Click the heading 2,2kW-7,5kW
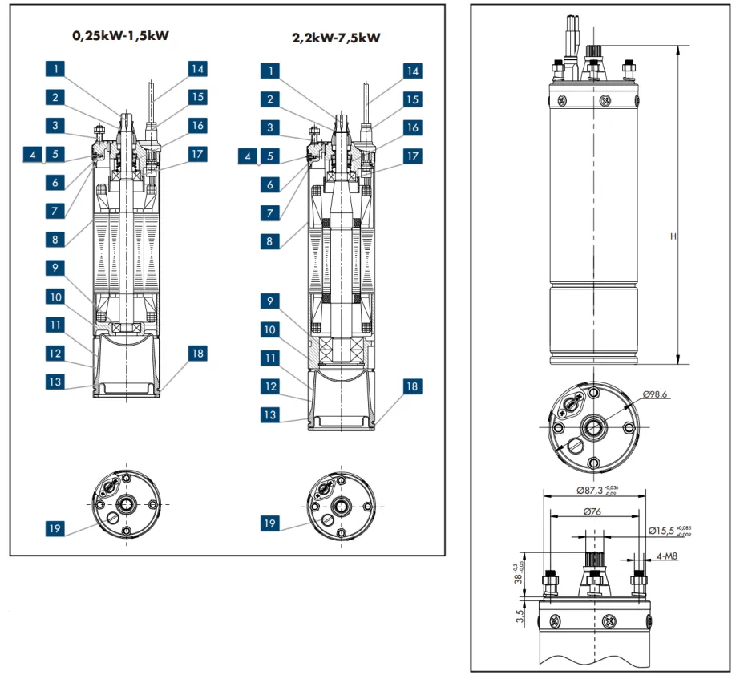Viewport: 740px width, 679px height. tap(334, 37)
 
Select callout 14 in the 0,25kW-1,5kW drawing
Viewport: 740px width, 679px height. tap(197, 69)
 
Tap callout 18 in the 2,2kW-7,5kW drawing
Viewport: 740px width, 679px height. tap(412, 386)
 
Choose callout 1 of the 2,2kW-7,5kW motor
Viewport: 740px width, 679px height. tap(273, 71)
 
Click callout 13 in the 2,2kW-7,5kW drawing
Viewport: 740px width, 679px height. tap(273, 415)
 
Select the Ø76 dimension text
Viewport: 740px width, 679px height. tap(592, 512)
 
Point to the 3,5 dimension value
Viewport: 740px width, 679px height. tap(520, 616)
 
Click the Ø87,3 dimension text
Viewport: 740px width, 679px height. tap(590, 488)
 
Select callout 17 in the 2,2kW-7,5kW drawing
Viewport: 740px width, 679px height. tap(412, 155)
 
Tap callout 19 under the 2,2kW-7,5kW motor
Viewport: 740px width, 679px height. tap(273, 523)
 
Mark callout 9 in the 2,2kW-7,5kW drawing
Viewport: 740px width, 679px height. tap(273, 301)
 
